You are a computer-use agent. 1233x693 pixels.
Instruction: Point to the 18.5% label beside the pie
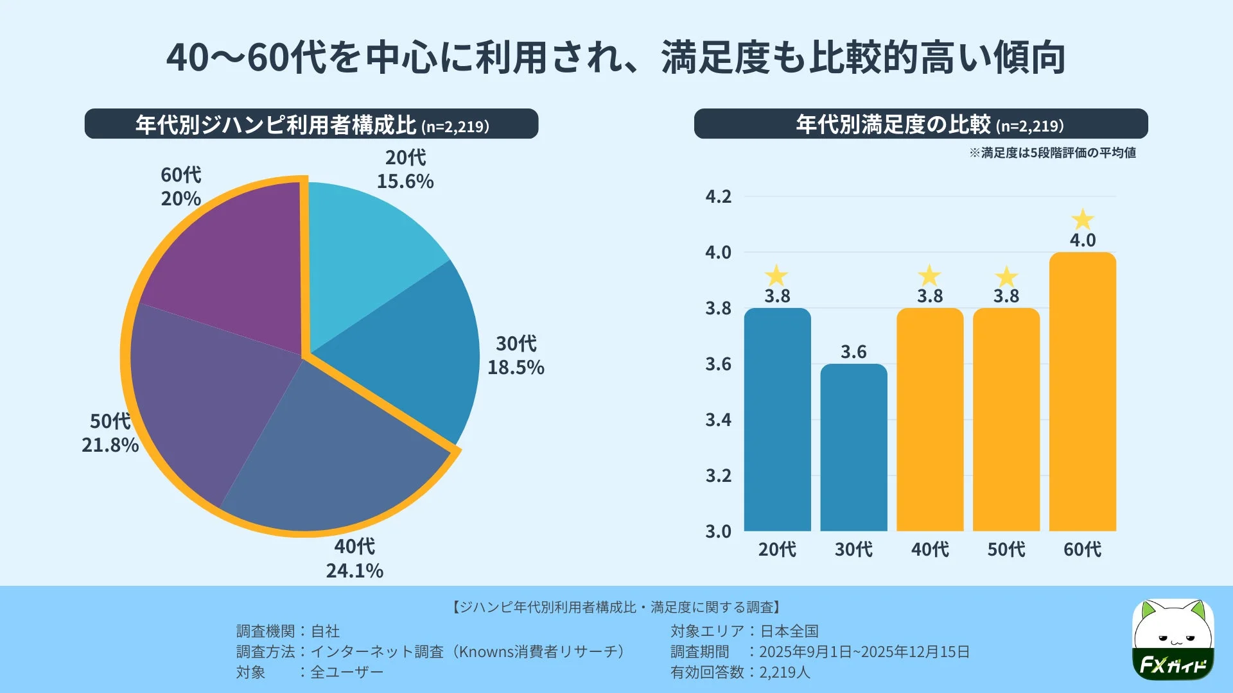coord(516,367)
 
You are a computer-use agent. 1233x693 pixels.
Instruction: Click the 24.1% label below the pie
coord(354,570)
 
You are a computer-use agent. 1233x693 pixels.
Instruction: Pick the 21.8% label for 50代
coord(110,445)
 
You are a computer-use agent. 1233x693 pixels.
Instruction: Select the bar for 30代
coord(853,449)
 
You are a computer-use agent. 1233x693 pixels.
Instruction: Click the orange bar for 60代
coord(1082,398)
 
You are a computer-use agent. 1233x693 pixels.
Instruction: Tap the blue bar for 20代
coord(777,424)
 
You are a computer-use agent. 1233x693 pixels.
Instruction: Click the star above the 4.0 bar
coord(1083,219)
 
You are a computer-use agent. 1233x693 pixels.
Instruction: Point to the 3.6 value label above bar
coord(853,352)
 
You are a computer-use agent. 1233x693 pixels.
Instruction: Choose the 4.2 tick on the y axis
coord(718,196)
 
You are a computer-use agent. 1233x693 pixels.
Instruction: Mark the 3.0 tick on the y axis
coord(718,531)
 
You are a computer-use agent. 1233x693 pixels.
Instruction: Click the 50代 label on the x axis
coord(1006,549)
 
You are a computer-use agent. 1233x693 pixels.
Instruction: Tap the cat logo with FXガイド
coord(1173,640)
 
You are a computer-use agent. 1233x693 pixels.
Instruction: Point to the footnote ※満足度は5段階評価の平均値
coord(1053,153)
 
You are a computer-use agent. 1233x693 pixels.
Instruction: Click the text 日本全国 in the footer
coord(789,631)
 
